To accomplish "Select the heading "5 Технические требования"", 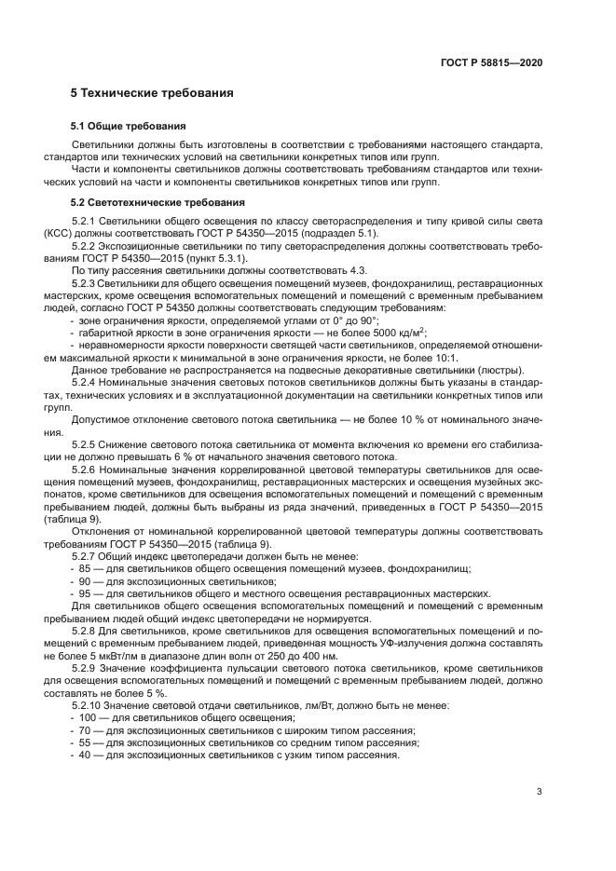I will (x=152, y=94).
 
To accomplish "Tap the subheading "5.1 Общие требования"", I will (x=129, y=125).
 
